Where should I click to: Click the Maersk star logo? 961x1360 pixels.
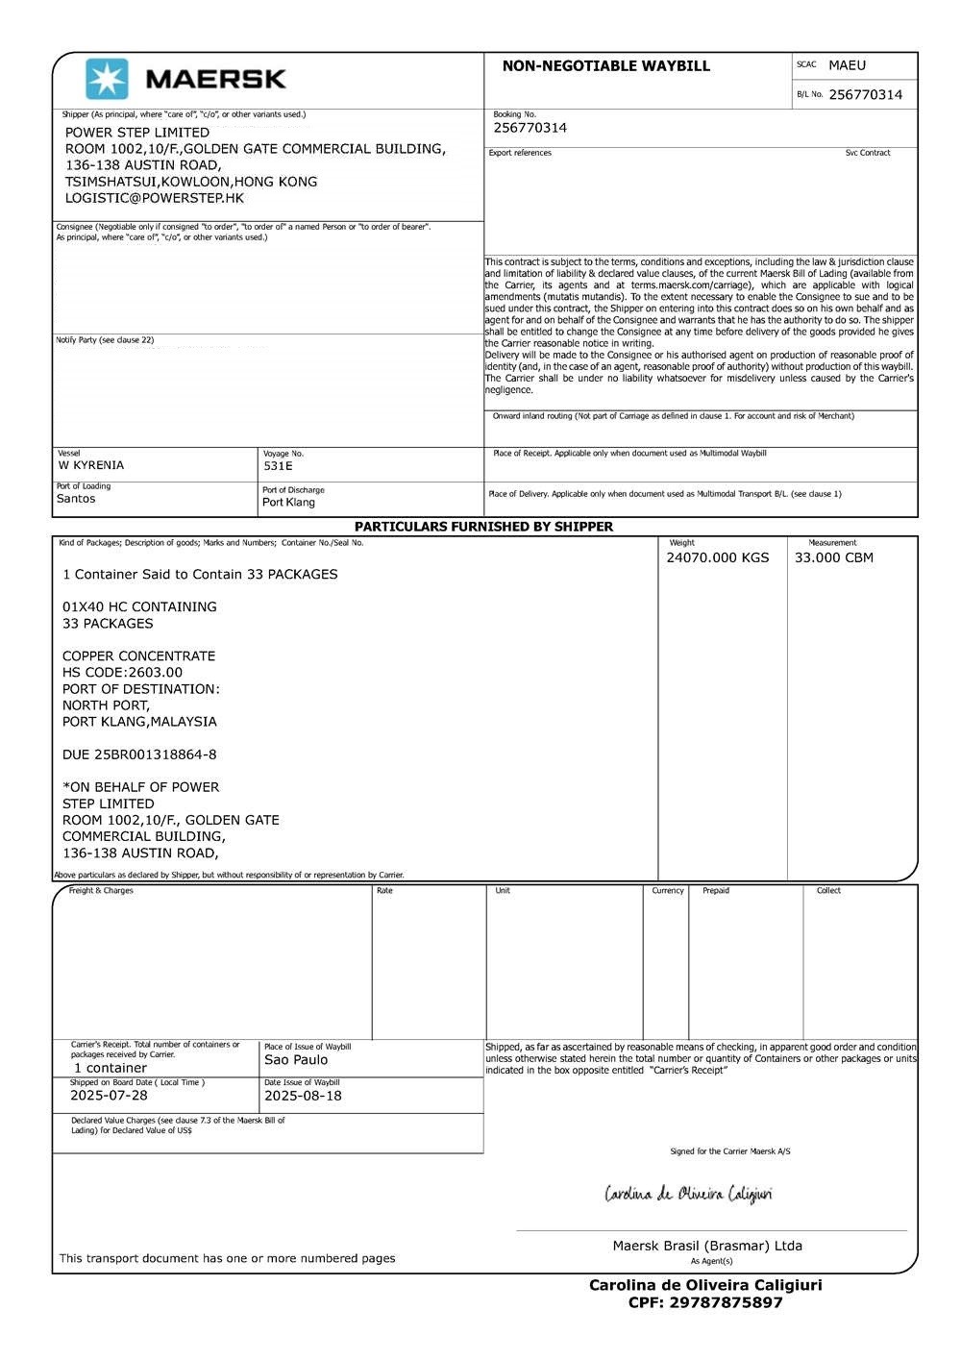click(x=106, y=79)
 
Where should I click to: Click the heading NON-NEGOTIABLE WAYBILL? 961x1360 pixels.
click(x=605, y=66)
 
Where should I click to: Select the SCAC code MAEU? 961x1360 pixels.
click(x=847, y=65)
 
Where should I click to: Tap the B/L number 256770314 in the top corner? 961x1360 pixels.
click(x=865, y=94)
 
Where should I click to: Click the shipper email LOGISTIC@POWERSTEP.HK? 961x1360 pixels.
click(x=155, y=198)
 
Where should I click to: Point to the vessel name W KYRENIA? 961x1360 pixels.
click(x=91, y=465)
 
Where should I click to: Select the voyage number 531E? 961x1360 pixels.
click(x=278, y=466)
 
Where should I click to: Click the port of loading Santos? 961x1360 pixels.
click(x=76, y=499)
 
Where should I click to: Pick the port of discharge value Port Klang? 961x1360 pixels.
click(x=288, y=502)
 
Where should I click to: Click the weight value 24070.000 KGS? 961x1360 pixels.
click(x=717, y=557)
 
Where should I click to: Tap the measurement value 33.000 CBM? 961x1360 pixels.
click(x=833, y=557)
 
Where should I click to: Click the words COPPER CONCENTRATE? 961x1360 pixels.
click(x=138, y=656)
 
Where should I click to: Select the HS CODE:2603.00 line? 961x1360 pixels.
click(x=122, y=673)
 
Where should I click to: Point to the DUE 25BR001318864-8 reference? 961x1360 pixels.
click(x=139, y=754)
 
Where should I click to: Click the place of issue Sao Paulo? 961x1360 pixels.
click(x=296, y=1060)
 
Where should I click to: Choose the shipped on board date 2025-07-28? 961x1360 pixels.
click(x=109, y=1096)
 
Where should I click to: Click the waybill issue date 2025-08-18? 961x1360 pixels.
click(x=303, y=1096)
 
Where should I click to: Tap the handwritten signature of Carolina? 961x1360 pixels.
click(x=688, y=1195)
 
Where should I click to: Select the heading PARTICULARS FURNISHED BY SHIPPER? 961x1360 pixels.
click(x=483, y=527)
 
